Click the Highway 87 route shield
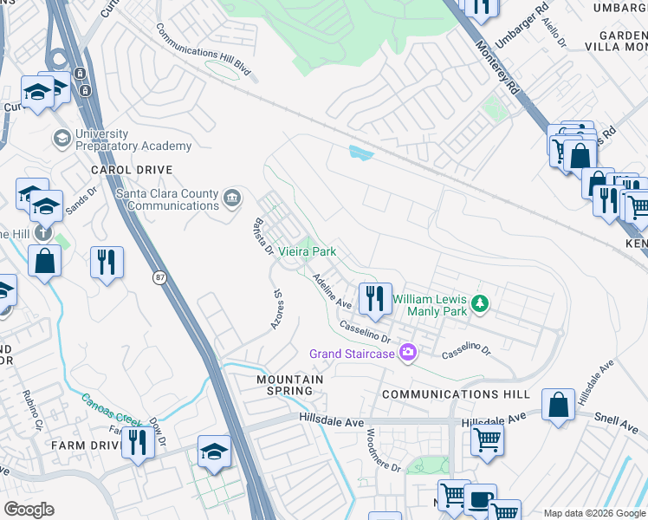click(159, 276)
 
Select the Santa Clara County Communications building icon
click(231, 199)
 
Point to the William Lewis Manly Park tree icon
click(476, 303)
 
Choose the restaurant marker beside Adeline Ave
click(375, 299)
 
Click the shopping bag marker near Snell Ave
click(559, 405)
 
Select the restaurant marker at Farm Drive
click(138, 443)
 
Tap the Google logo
click(29, 510)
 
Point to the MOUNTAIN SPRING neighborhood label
click(289, 385)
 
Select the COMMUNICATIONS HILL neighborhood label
click(456, 394)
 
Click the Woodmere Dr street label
click(383, 451)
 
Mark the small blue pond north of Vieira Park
click(360, 153)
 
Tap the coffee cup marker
click(477, 500)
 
